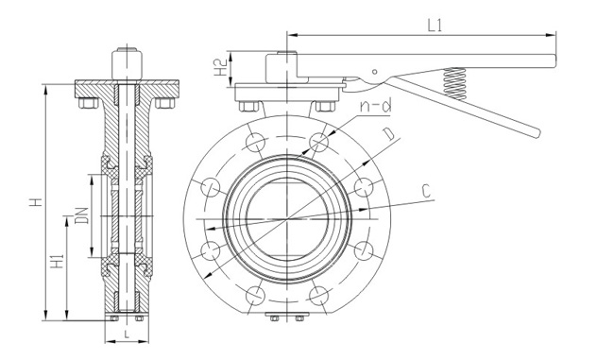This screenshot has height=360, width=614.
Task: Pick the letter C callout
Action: (x=427, y=192)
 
